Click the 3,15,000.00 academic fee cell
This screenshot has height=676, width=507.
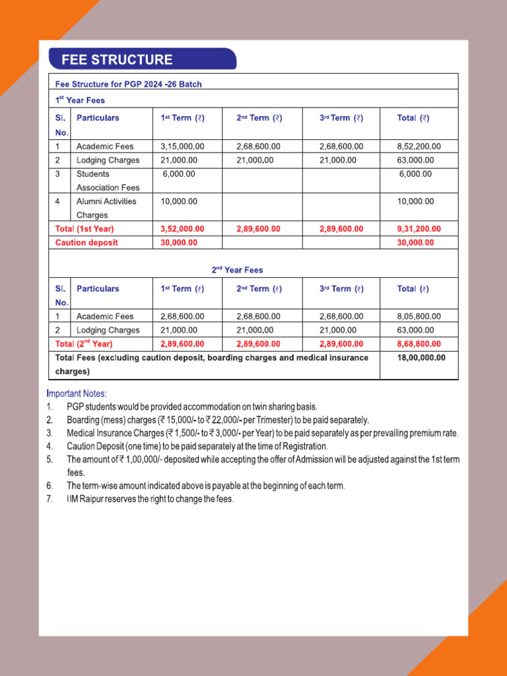click(182, 146)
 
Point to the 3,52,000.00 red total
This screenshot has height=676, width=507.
click(182, 228)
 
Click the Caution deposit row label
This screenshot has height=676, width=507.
click(86, 242)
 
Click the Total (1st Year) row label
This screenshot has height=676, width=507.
click(84, 228)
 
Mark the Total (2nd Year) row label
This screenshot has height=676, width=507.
click(84, 344)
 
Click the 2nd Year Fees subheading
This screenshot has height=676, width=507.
click(237, 269)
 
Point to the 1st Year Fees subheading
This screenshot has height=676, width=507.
click(80, 100)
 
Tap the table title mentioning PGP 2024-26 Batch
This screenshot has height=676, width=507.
click(128, 84)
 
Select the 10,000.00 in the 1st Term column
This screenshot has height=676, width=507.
click(179, 201)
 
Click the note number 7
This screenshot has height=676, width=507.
click(50, 499)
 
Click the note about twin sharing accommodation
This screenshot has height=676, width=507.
click(191, 407)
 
